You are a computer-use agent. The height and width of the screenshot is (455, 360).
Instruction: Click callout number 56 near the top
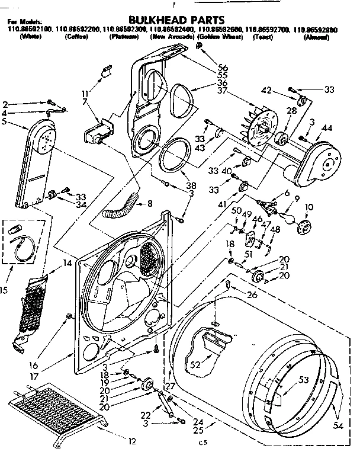point(223,68)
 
